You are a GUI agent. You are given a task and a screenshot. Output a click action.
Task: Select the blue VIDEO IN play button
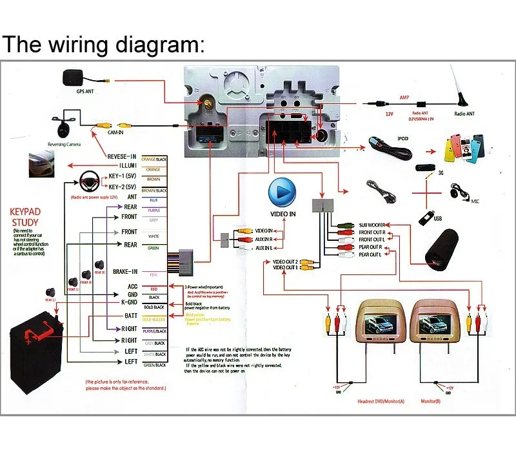coord(282,192)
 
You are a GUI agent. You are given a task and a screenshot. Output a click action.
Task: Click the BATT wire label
coord(130,316)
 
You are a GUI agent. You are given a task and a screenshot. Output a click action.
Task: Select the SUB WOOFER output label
coord(373,225)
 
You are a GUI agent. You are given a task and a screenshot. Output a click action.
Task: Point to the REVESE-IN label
coord(122,156)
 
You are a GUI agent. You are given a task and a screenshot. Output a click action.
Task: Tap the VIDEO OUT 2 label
coord(285,262)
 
